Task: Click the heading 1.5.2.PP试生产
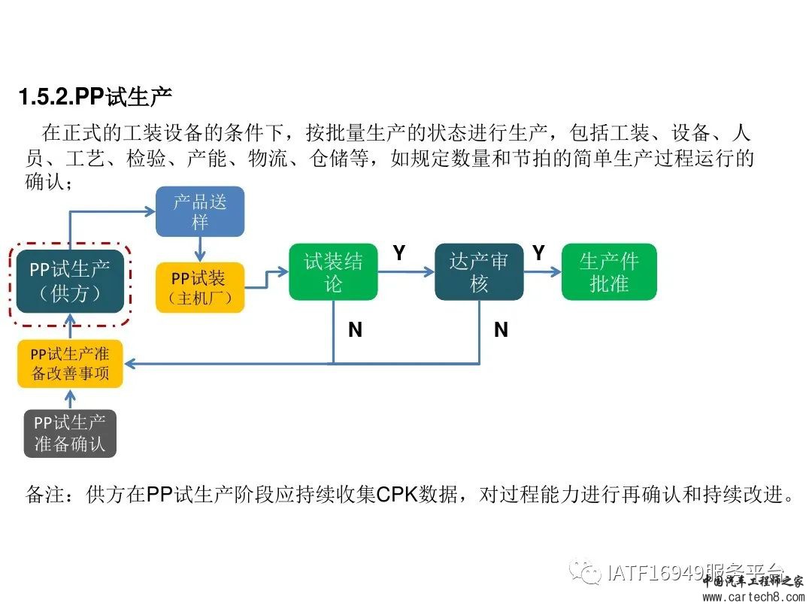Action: pos(95,98)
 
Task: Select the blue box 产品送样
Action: pos(199,211)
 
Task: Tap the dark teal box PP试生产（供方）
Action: pos(70,280)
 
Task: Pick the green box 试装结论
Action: pos(333,272)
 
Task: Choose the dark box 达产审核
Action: pos(479,272)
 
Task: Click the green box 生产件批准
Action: pos(609,272)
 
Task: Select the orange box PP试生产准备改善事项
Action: pos(70,364)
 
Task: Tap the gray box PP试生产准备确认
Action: pos(70,434)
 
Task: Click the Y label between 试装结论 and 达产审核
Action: pos(399,254)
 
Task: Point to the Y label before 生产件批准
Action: pos(538,254)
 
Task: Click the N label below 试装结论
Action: pos(355,329)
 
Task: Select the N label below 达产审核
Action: pos(501,329)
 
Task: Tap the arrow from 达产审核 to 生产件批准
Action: pos(542,272)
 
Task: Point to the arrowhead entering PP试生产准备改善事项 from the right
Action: pos(130,364)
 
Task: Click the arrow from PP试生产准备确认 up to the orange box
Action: pos(70,399)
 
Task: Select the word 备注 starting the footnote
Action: pos(46,495)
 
